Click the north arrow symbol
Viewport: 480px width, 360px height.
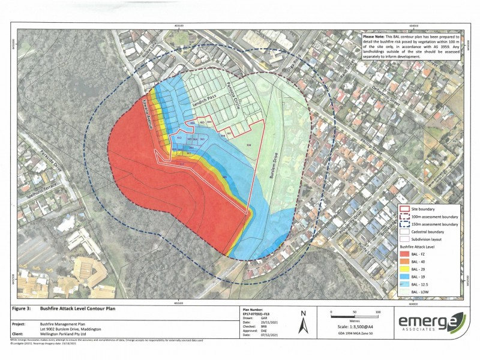coord(305,325)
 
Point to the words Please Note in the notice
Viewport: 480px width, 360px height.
coord(374,36)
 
